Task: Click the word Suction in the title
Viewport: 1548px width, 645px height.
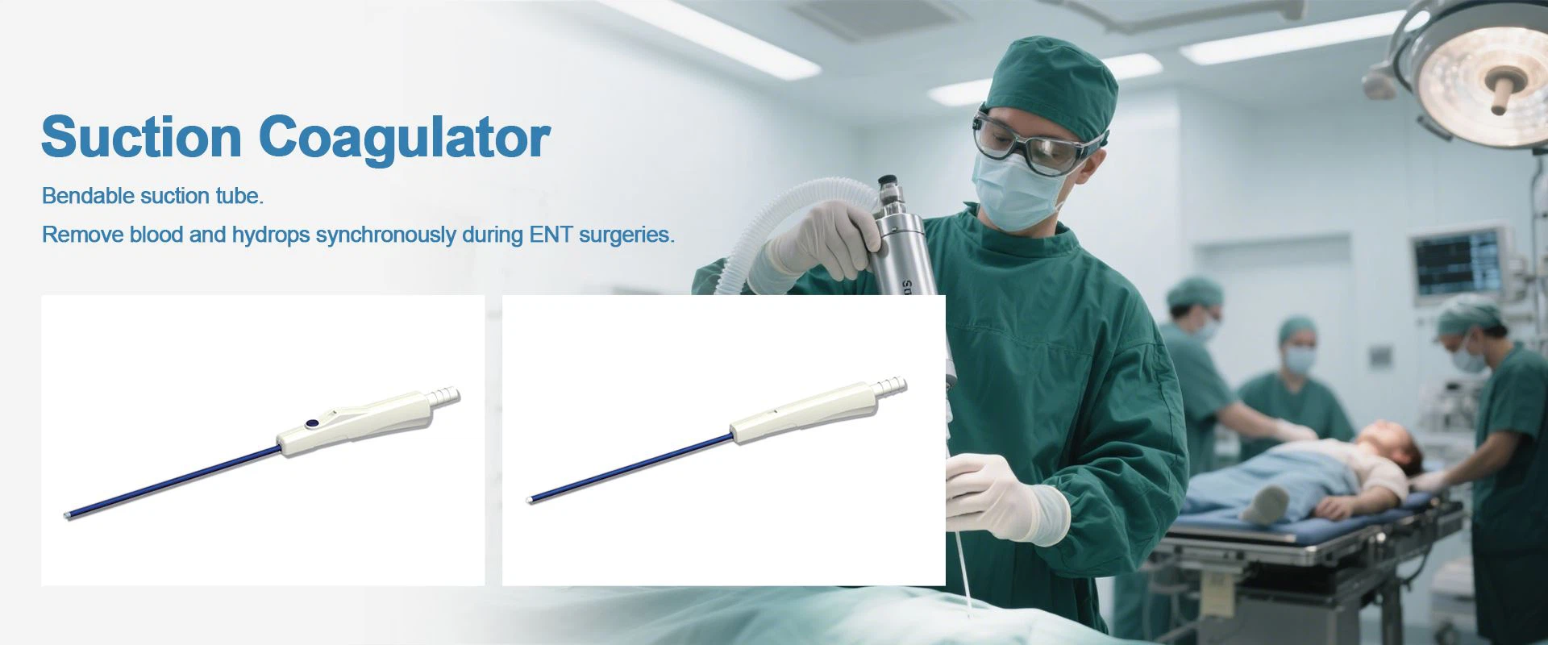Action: (x=141, y=137)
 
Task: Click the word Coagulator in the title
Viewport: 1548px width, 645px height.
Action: (x=405, y=139)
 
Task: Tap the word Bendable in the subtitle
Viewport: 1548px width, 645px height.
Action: (x=88, y=196)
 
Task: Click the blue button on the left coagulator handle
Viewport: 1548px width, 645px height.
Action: (x=310, y=422)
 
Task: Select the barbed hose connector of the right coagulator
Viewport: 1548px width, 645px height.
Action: (x=890, y=386)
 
